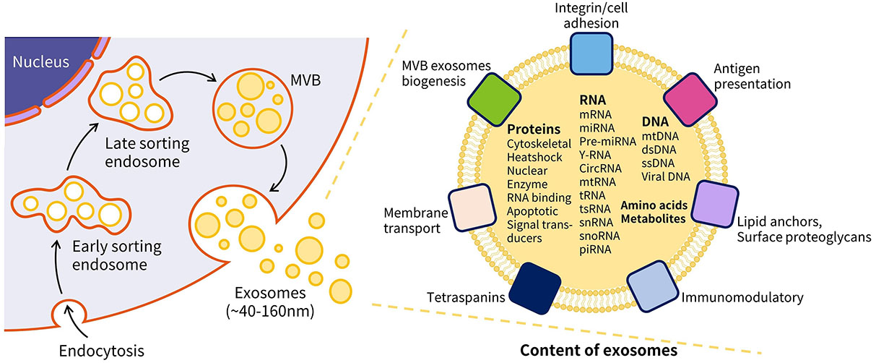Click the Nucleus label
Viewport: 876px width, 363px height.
pyautogui.click(x=39, y=61)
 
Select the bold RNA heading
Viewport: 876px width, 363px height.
pyautogui.click(x=594, y=101)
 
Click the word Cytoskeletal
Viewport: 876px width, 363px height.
pyautogui.click(x=539, y=144)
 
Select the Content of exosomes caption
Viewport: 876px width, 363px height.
pyautogui.click(x=599, y=351)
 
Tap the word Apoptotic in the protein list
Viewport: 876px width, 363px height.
pyautogui.click(x=532, y=212)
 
